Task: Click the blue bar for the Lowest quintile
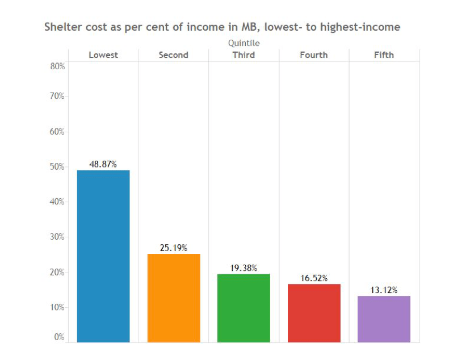(103, 256)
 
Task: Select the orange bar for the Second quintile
(174, 298)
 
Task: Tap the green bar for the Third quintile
(244, 308)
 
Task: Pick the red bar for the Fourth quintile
(314, 313)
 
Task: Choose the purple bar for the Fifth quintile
(384, 319)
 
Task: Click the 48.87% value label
(103, 164)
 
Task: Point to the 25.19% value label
(174, 248)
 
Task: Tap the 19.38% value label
(244, 267)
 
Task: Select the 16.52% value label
(314, 278)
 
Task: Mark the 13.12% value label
(384, 290)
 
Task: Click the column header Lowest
(103, 55)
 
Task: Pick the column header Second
(174, 55)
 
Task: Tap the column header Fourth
(314, 55)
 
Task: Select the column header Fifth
(384, 55)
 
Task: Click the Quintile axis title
(244, 43)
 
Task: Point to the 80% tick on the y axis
(58, 66)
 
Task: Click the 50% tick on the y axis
(58, 167)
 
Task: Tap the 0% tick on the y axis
(60, 337)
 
